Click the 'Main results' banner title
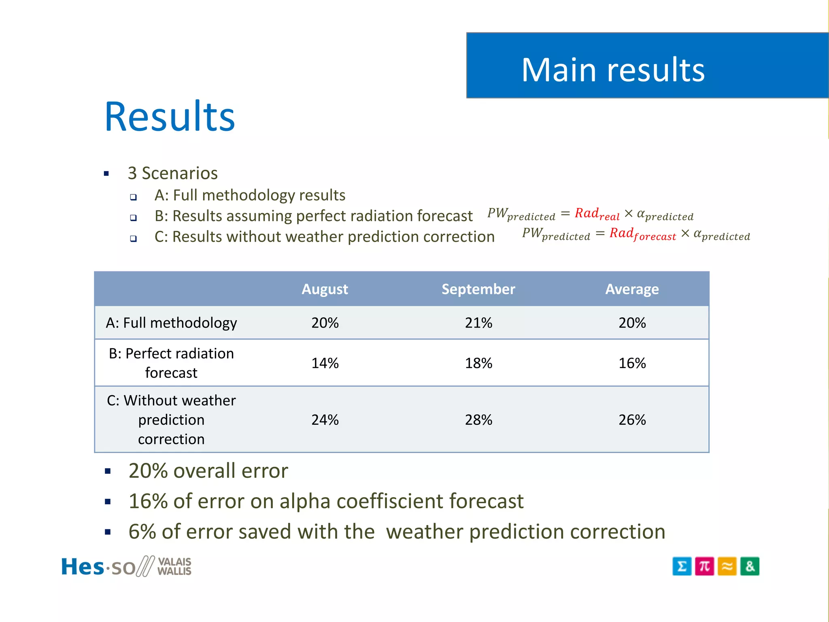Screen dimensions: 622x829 612,70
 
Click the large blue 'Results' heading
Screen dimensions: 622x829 170,117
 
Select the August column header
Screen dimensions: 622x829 325,289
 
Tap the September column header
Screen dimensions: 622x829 478,289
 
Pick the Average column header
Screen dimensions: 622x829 631,289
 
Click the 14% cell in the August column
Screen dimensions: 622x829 325,363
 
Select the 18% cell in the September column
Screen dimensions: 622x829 478,363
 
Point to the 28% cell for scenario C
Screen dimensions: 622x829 478,420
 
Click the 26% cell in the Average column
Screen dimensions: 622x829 631,420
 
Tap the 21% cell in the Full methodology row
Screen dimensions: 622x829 478,323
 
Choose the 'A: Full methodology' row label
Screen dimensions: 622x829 171,323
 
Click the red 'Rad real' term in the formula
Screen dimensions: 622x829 597,214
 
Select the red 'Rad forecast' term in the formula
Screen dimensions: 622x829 642,234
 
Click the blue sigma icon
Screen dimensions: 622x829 682,566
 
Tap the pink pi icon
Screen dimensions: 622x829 704,566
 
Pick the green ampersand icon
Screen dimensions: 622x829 750,566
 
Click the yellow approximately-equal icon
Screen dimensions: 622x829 727,566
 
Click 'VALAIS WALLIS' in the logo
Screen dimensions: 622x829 174,567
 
